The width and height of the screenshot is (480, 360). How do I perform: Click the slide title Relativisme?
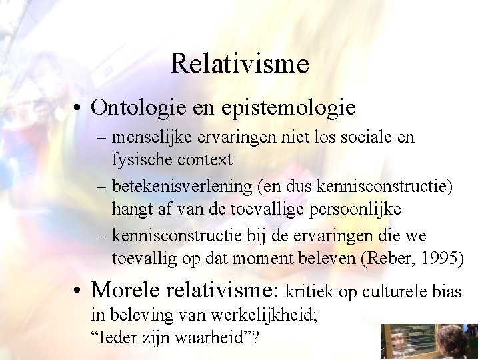[239, 64]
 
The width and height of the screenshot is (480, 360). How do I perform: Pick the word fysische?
[139, 160]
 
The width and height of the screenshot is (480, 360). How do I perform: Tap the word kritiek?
[309, 292]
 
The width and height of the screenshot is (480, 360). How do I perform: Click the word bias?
[447, 292]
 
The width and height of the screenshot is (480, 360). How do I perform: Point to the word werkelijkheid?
[271, 315]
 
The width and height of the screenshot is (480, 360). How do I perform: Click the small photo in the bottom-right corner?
[429, 342]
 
